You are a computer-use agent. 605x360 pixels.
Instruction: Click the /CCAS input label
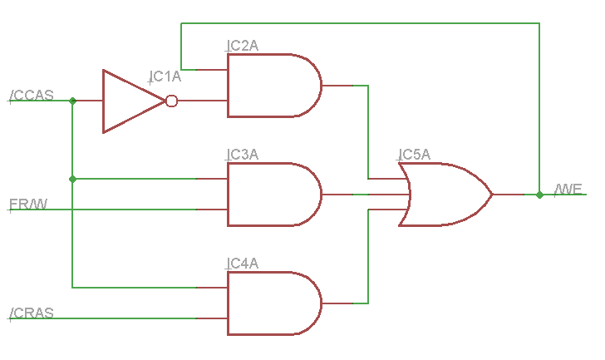32,95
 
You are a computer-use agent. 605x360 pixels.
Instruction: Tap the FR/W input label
28,204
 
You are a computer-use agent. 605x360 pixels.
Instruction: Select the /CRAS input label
32,313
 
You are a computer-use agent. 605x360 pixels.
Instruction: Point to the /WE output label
568,189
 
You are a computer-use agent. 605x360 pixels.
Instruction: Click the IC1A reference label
165,76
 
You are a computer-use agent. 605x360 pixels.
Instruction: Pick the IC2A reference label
243,46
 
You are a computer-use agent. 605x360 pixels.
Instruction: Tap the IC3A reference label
243,155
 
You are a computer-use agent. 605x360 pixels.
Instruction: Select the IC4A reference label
243,264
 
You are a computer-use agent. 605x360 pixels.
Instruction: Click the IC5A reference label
415,155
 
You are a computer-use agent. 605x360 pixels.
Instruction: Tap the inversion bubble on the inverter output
172,101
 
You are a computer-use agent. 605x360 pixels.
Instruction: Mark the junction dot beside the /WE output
539,195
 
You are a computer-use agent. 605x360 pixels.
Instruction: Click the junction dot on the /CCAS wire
72,101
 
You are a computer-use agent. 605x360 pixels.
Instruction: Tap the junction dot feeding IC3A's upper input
72,179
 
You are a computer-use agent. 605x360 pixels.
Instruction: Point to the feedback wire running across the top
360,23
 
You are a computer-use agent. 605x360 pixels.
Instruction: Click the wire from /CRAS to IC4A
103,318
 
